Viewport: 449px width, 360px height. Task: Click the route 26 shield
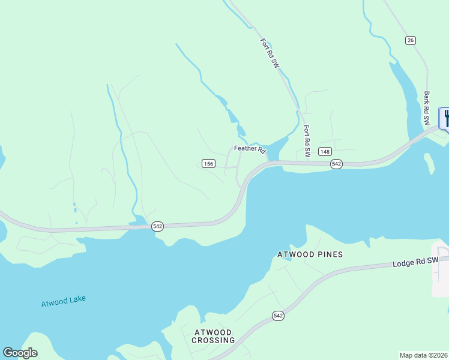pos(410,40)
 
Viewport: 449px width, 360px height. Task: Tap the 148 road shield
pos(325,151)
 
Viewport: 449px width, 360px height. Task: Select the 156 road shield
pos(208,163)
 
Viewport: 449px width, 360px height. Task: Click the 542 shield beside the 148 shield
pos(336,164)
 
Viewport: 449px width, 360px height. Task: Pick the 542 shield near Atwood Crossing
pos(277,316)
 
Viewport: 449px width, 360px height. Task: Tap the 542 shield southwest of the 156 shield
pos(157,226)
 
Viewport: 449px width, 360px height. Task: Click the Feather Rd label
pos(249,148)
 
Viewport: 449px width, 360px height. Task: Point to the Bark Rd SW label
pos(427,108)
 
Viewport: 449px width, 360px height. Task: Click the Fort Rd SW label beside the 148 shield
pos(306,141)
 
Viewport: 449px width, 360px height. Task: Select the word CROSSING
pos(213,340)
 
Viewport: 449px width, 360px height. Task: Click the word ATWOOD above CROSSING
pos(213,332)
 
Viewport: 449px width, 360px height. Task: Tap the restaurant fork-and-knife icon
pos(445,118)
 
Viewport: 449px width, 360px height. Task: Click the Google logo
pos(20,353)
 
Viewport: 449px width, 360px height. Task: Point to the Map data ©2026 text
pos(423,355)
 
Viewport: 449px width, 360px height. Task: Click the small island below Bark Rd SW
pos(429,162)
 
